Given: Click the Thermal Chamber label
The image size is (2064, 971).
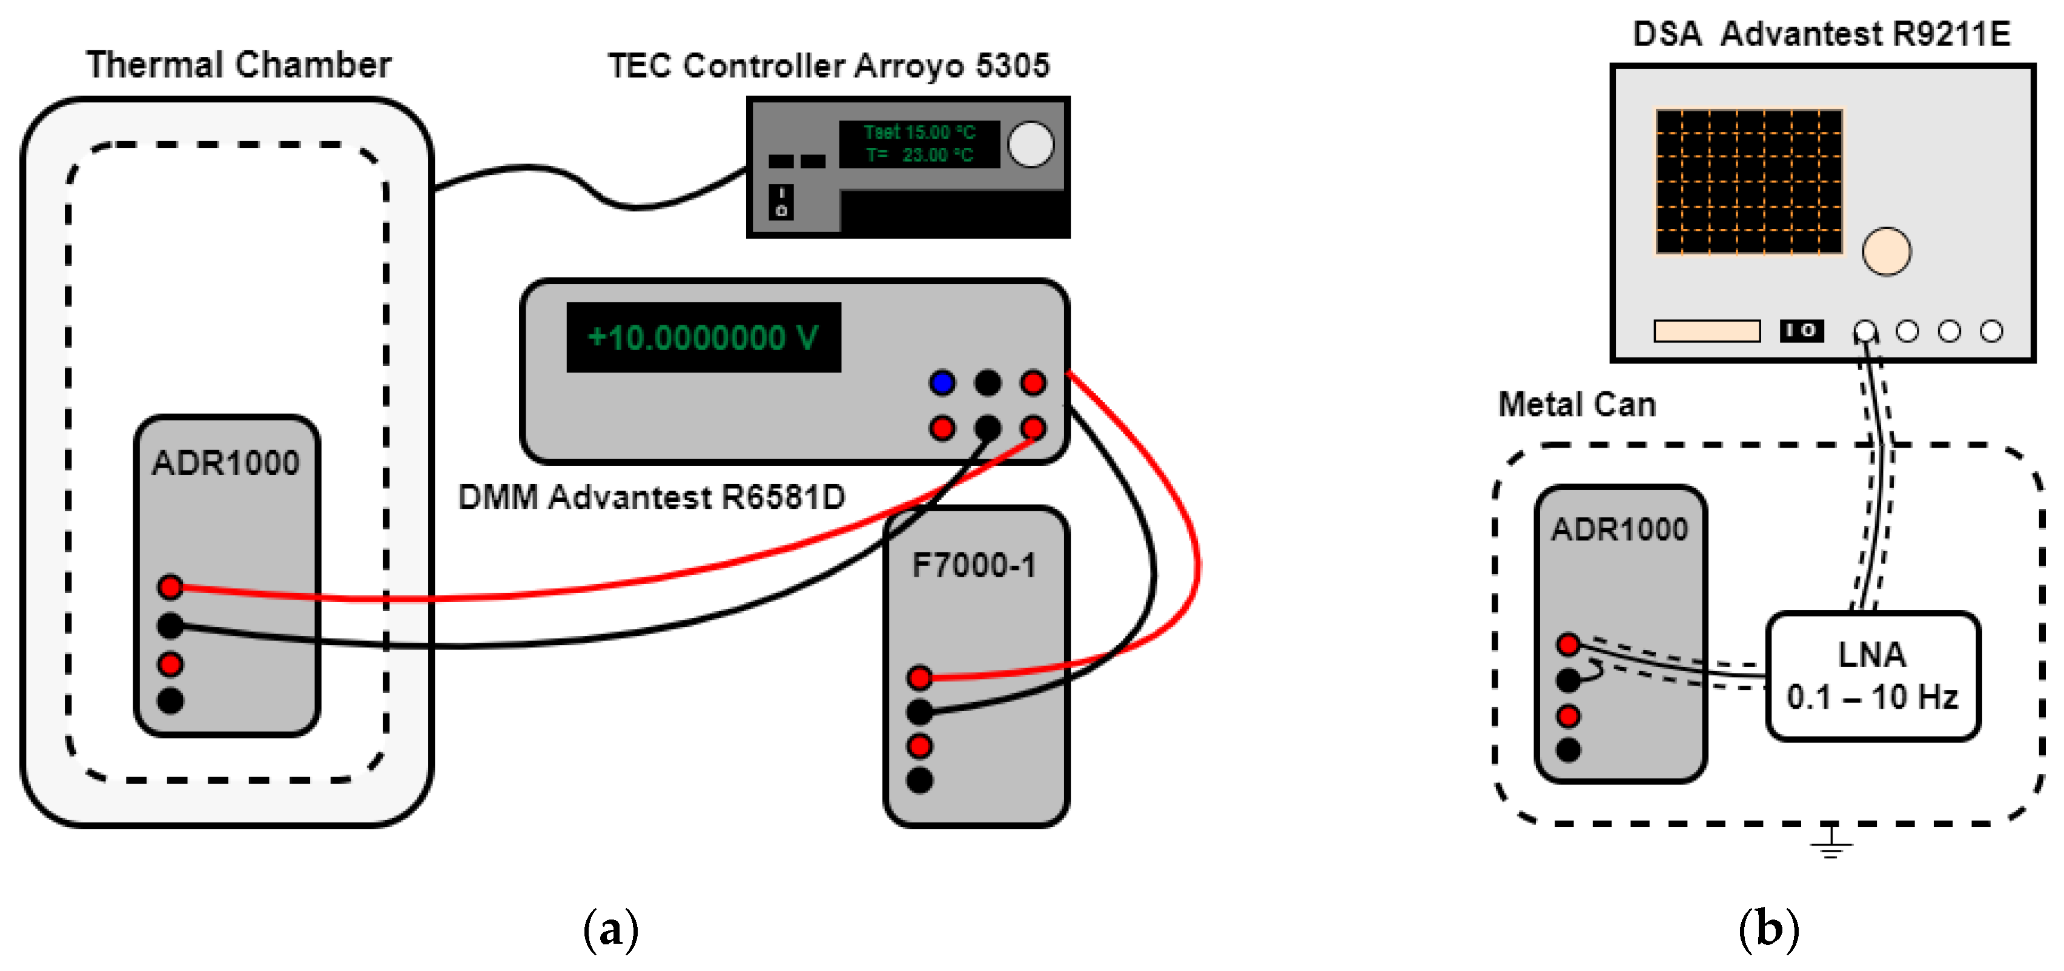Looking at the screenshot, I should pos(239,65).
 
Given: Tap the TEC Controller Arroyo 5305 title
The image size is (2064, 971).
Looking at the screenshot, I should pos(829,65).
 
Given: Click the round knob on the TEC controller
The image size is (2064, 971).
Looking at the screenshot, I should pos(1030,144).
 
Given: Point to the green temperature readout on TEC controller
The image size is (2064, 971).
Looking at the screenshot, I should pos(919,144).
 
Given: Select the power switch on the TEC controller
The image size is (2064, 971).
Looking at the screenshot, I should pos(781,202).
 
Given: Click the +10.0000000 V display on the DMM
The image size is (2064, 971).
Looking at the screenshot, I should pos(704,337).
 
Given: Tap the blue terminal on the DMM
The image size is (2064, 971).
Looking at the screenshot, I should pos(942,382).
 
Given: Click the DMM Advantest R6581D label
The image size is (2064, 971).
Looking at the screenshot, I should pos(652,497).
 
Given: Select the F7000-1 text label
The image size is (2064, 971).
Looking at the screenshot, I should pos(974,566).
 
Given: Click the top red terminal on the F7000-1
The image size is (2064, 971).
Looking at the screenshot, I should pos(920,678).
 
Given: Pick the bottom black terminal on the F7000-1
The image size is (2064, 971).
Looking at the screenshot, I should pos(920,780).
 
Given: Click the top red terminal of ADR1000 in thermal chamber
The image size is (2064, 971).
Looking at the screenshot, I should pos(170,587).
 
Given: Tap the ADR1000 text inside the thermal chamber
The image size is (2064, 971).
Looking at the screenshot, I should pos(226,462).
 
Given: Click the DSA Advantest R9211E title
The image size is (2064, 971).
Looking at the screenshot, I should pos(1821,34).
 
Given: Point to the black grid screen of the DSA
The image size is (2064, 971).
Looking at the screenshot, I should pos(1749,182).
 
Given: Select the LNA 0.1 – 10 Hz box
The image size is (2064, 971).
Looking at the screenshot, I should pos(1873,675).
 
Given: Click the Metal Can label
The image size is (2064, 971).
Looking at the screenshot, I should pos(1577,405).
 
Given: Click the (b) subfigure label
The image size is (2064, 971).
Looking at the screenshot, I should pos(1769,929).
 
